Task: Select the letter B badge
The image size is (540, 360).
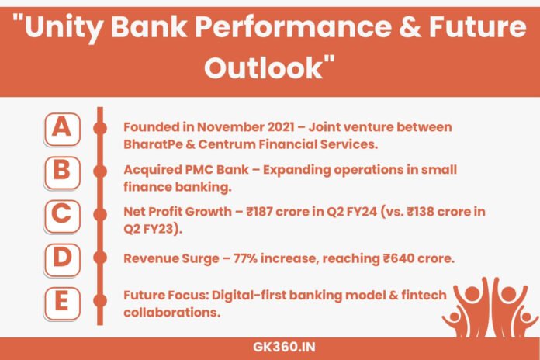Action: tap(60, 171)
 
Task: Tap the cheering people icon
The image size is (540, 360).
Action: tap(490, 305)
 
